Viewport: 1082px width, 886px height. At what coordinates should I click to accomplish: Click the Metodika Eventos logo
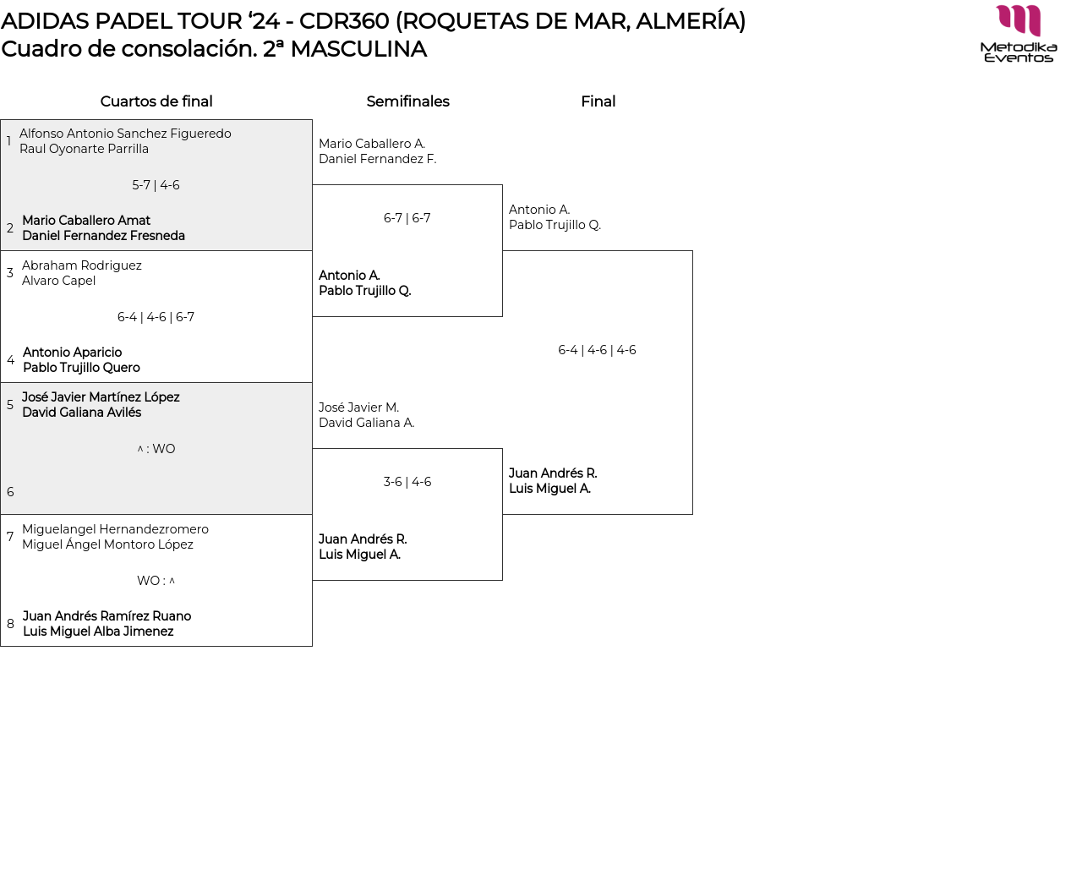coord(1019,34)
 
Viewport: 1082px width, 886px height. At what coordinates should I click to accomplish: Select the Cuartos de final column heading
coord(156,101)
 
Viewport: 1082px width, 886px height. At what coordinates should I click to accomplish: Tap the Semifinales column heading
coord(407,101)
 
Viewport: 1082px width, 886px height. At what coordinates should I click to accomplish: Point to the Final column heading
coord(598,101)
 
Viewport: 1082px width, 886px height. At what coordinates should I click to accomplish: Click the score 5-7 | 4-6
coord(156,185)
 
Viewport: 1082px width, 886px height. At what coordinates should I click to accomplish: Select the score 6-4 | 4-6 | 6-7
coord(156,317)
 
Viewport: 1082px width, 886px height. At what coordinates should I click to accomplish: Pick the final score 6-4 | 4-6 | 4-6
coord(597,350)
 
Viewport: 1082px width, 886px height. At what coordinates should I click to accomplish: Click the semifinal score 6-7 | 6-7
coord(407,218)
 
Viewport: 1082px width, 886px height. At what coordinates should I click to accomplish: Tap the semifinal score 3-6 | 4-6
coord(407,482)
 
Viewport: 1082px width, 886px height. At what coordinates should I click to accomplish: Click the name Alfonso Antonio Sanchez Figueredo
coord(125,134)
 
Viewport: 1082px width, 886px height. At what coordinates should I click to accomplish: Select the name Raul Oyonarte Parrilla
coord(84,149)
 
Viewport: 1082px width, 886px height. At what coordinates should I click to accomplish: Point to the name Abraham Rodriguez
coord(82,265)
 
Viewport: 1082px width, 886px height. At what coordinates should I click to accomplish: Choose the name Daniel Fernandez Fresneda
coord(103,236)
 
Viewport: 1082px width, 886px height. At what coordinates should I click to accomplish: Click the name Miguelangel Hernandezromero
coord(115,529)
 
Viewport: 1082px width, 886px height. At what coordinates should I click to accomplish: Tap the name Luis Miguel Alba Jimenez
coord(98,632)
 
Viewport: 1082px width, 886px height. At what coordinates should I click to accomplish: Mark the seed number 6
coord(10,492)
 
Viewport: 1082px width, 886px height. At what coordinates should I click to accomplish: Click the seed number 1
coord(8,141)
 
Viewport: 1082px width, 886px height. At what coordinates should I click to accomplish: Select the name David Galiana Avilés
coord(81,413)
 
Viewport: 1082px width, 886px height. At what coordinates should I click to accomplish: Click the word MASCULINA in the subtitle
coord(358,49)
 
